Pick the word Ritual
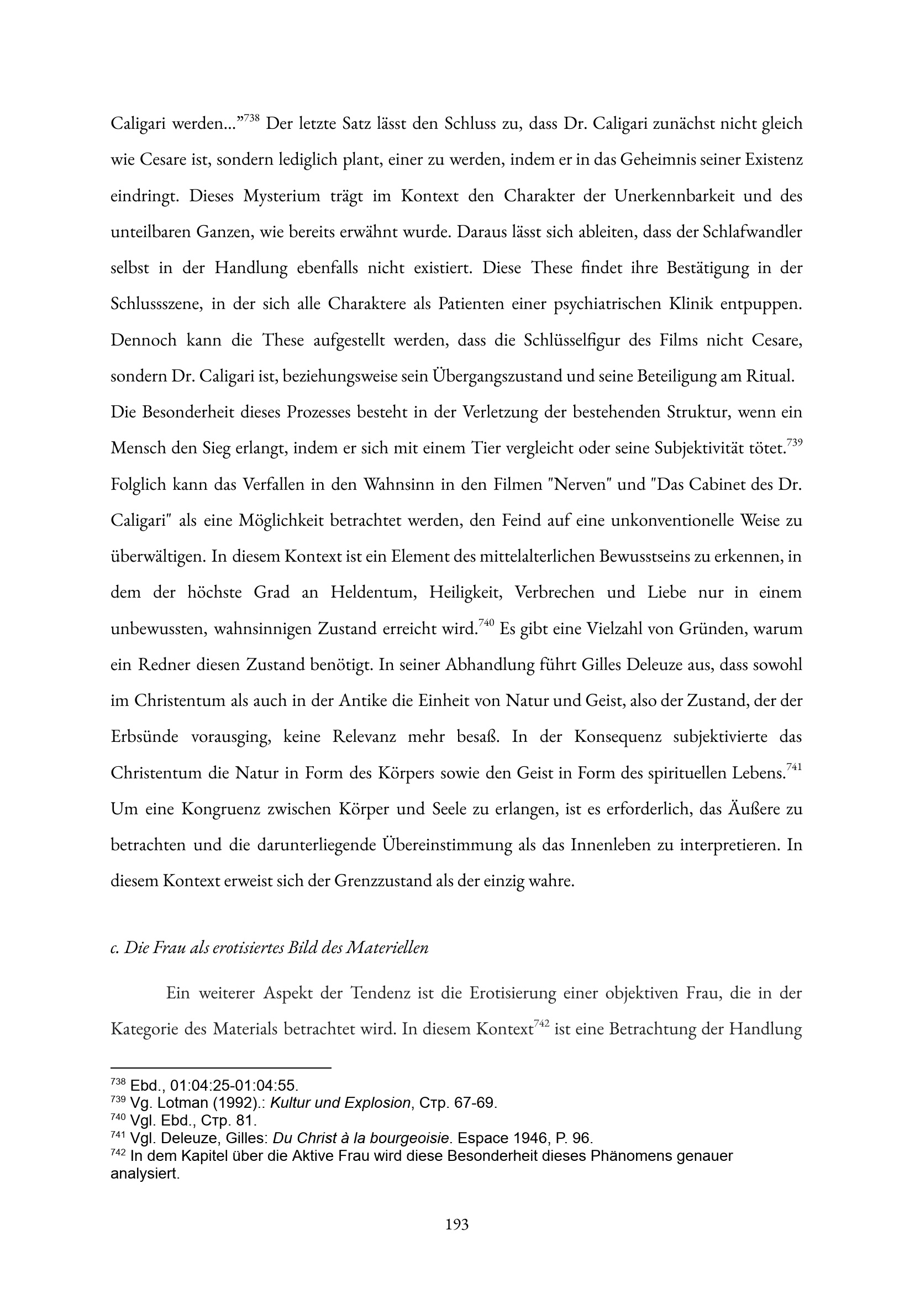point(769,376)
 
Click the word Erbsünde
point(144,737)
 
